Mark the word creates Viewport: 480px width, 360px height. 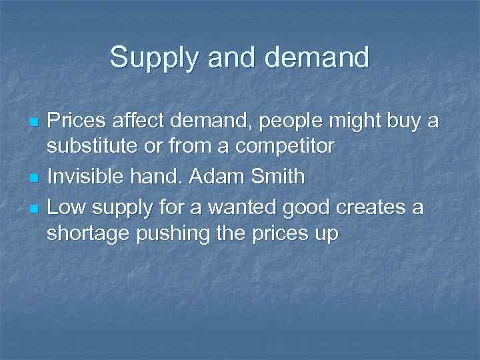coord(367,207)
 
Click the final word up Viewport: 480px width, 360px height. coord(325,235)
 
